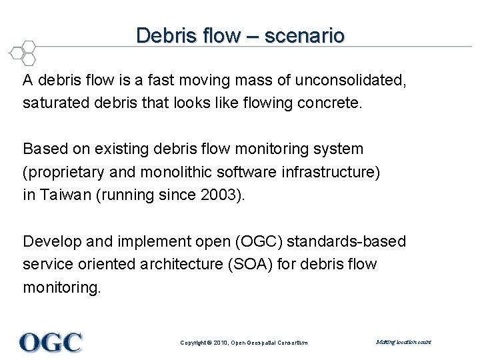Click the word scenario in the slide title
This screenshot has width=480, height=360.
pos(305,35)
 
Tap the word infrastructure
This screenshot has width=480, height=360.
pos(329,172)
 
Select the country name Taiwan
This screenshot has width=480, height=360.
pos(66,195)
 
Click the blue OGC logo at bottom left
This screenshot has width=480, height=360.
pos(51,342)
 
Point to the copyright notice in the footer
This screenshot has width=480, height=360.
pos(244,343)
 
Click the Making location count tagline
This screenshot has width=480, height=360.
pos(403,342)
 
